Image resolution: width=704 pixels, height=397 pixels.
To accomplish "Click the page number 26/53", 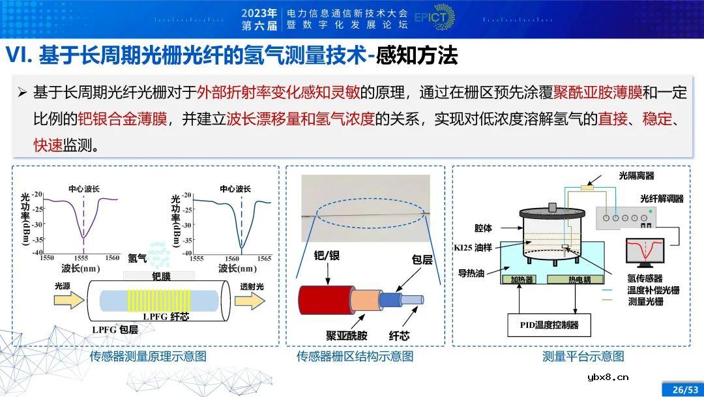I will tap(682, 389).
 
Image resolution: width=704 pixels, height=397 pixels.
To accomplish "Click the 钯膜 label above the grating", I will tap(160, 276).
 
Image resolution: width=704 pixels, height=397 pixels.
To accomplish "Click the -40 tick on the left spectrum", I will tap(37, 252).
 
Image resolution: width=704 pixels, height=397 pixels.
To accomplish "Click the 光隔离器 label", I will tap(636, 175).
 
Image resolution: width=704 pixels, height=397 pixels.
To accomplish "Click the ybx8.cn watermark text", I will tap(608, 376).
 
